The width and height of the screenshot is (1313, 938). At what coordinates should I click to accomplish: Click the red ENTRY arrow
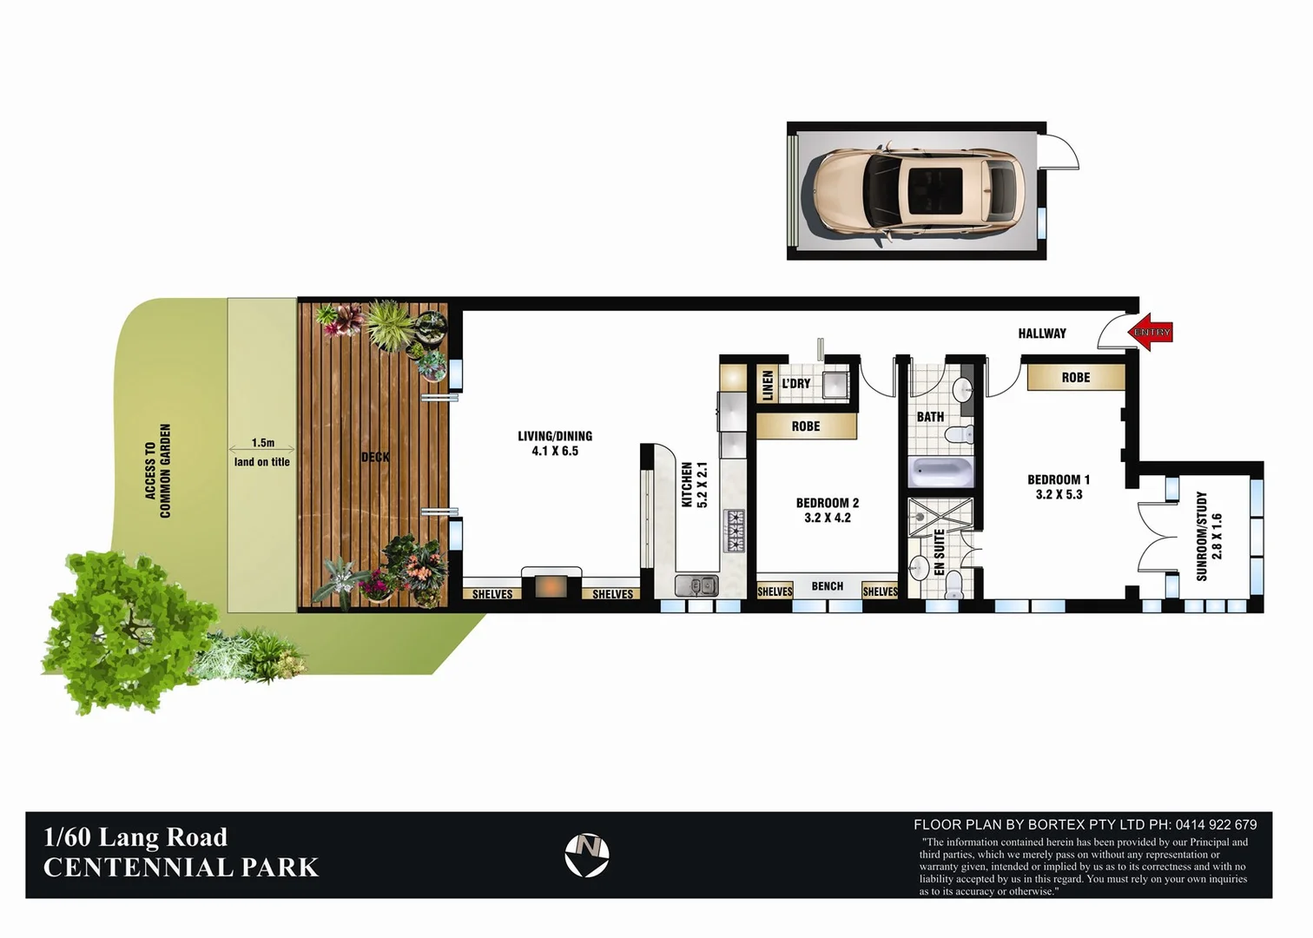[x=1151, y=333]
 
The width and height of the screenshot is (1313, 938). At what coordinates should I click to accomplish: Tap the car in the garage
[x=919, y=191]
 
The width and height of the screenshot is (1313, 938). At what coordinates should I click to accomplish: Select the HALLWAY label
[x=1041, y=334]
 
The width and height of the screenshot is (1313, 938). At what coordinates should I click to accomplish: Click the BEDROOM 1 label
[x=1058, y=486]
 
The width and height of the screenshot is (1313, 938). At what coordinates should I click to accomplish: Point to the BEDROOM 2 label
[x=827, y=510]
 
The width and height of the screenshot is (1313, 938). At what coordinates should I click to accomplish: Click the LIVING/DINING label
[x=555, y=443]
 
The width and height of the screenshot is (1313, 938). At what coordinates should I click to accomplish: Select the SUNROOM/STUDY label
[x=1208, y=536]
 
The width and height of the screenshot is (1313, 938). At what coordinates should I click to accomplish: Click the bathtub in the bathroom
[x=941, y=472]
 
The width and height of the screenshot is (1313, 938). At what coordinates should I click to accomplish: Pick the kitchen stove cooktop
[x=735, y=530]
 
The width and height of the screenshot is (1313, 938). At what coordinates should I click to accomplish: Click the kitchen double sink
[x=696, y=585]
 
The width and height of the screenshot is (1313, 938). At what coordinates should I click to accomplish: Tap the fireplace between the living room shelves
[x=551, y=586]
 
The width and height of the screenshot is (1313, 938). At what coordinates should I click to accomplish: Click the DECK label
[x=375, y=457]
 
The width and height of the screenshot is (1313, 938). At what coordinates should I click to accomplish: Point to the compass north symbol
[x=587, y=855]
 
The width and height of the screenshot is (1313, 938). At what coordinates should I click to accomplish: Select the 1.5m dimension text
[x=262, y=443]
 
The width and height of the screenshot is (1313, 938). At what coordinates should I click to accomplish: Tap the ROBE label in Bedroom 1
[x=1075, y=378]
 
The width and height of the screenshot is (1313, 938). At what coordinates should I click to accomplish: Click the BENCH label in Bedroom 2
[x=827, y=586]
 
